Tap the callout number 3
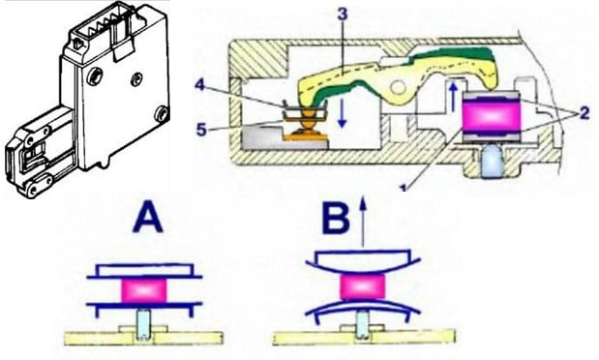click(343, 15)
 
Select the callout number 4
click(201, 85)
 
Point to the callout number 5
click(201, 130)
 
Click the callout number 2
click(584, 113)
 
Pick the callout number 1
click(403, 188)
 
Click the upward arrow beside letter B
click(363, 222)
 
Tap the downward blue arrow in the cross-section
click(342, 112)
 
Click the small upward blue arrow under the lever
click(453, 98)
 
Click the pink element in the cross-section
click(491, 116)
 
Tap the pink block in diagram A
click(144, 290)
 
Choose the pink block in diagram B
click(362, 286)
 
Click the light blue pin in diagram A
click(143, 324)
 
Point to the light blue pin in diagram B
click(361, 324)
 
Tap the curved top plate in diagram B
click(363, 260)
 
